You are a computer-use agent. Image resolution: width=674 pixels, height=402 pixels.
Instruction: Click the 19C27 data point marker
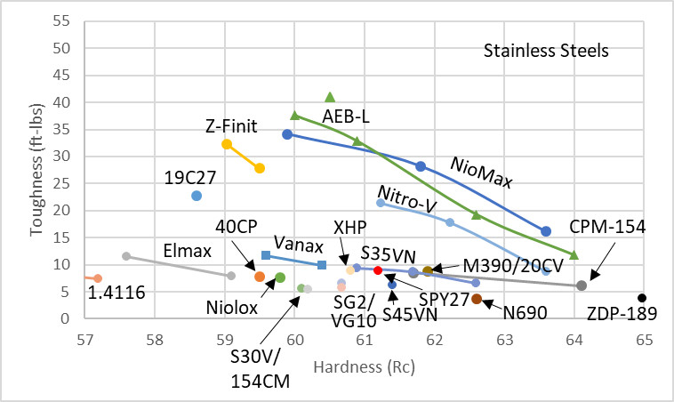pos(197,196)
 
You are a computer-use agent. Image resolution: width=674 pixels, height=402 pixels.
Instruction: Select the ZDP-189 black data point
pos(642,298)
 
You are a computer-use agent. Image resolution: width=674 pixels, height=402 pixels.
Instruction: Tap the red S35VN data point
pos(378,270)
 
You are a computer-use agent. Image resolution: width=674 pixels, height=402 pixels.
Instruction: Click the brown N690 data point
pos(477,299)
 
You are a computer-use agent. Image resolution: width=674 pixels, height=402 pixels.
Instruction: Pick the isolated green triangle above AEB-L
pos(330,97)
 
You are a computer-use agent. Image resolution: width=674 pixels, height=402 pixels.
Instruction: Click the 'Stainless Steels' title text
pos(546,51)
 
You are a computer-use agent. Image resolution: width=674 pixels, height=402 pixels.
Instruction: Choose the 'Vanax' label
pos(298,243)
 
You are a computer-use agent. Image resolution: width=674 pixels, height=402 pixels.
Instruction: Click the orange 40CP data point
pos(260,277)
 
